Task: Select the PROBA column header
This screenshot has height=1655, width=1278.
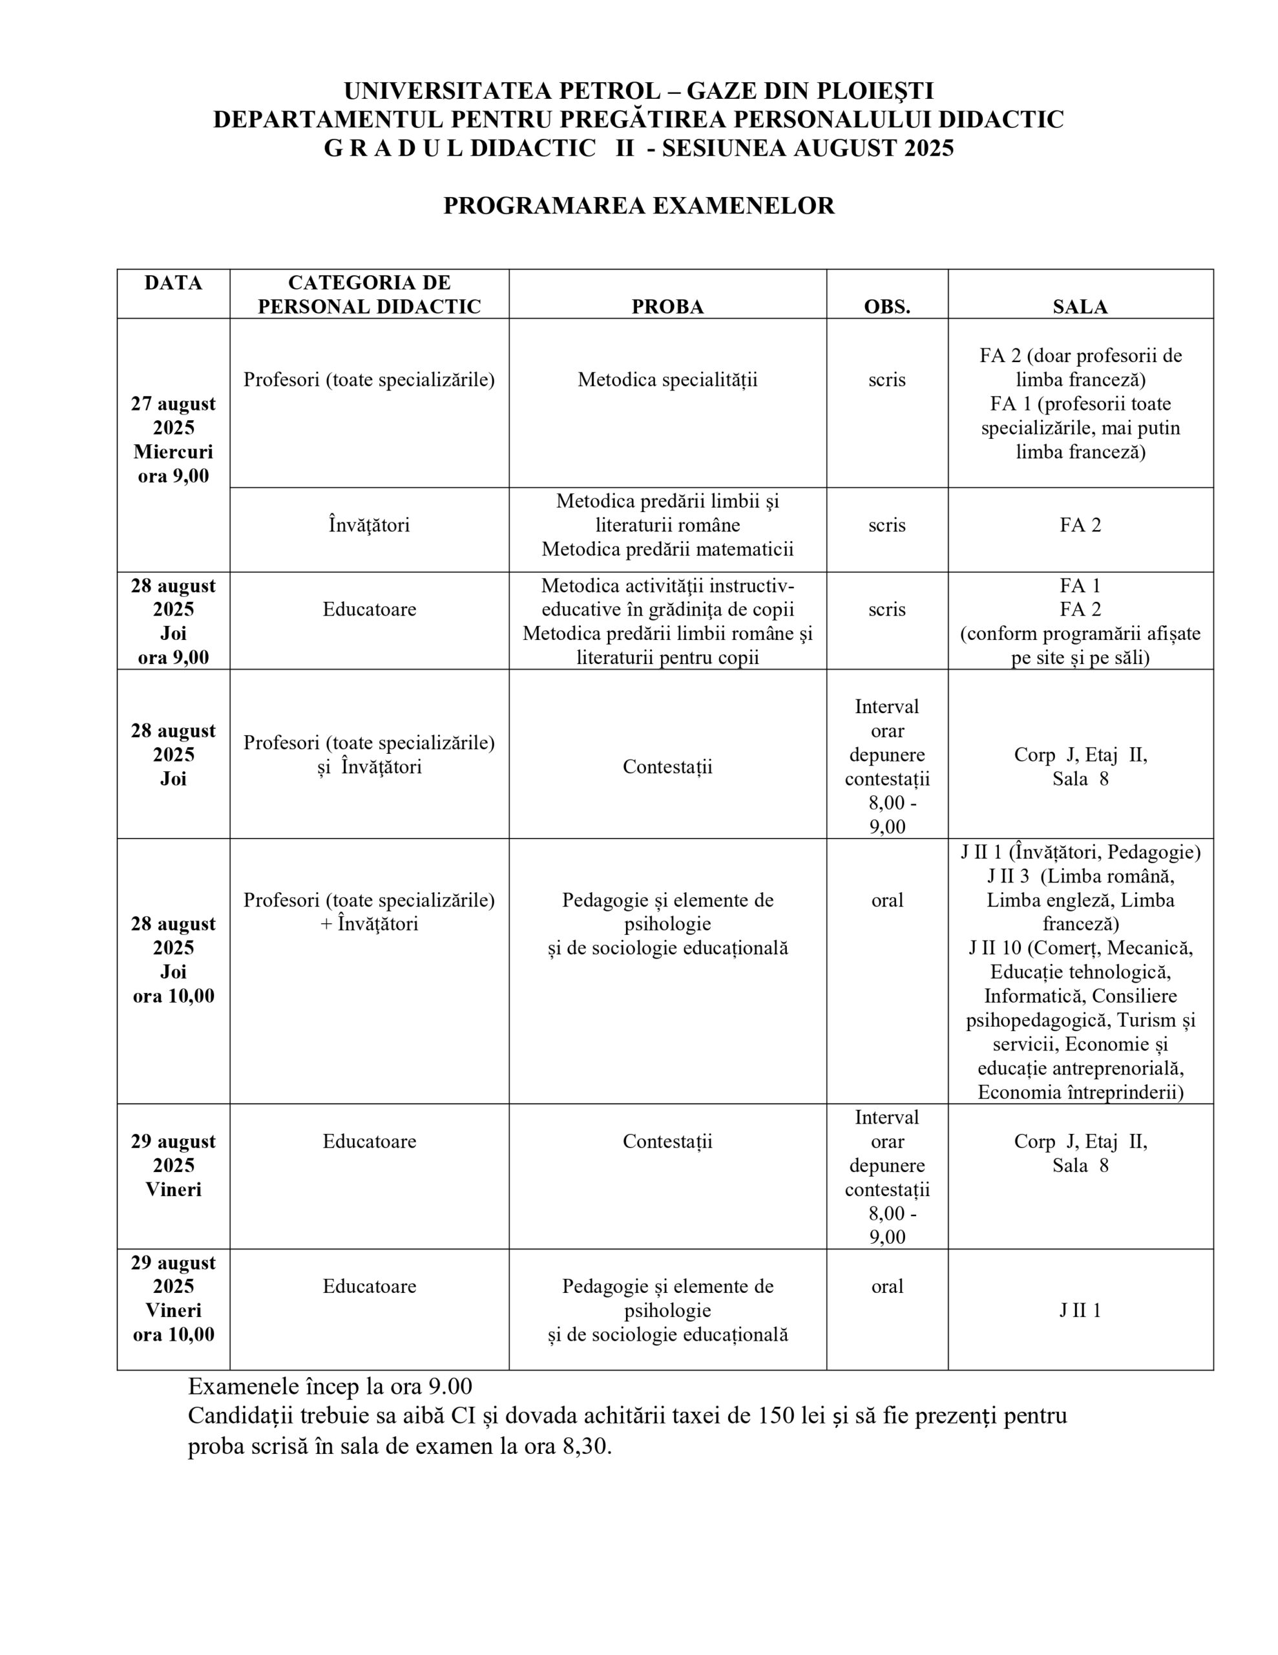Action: point(667,307)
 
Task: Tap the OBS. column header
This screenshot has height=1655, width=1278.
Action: point(886,307)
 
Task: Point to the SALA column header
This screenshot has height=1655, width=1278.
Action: point(1080,307)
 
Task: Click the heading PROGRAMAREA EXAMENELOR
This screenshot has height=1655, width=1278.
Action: point(638,206)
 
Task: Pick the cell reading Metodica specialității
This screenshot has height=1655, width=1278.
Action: point(667,379)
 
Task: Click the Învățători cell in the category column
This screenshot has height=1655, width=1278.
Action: point(369,525)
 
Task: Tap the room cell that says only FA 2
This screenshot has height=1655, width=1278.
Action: point(1080,525)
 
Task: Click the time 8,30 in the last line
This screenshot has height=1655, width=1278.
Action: point(585,1447)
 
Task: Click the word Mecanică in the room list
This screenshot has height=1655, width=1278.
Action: point(1155,948)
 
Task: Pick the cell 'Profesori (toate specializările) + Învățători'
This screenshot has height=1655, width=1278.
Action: point(369,912)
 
